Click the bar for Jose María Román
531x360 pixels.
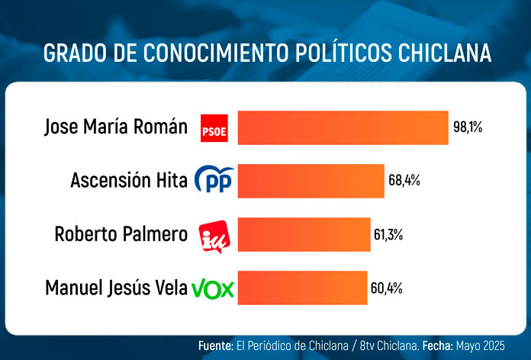tap(343, 127)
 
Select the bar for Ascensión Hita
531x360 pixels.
tap(311, 181)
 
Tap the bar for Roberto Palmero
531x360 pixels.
tap(304, 234)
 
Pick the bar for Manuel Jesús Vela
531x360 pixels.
tap(302, 288)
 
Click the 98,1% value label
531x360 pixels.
tap(468, 127)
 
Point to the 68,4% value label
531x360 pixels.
tap(404, 181)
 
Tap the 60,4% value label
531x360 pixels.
tap(388, 288)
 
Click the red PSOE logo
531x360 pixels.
tap(214, 128)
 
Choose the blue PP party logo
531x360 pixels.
tap(214, 181)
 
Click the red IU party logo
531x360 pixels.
tap(213, 234)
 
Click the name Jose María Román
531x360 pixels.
tap(116, 127)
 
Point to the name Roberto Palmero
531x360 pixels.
tap(121, 234)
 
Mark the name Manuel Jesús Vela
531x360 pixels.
tap(117, 288)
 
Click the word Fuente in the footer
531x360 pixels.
tap(215, 346)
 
